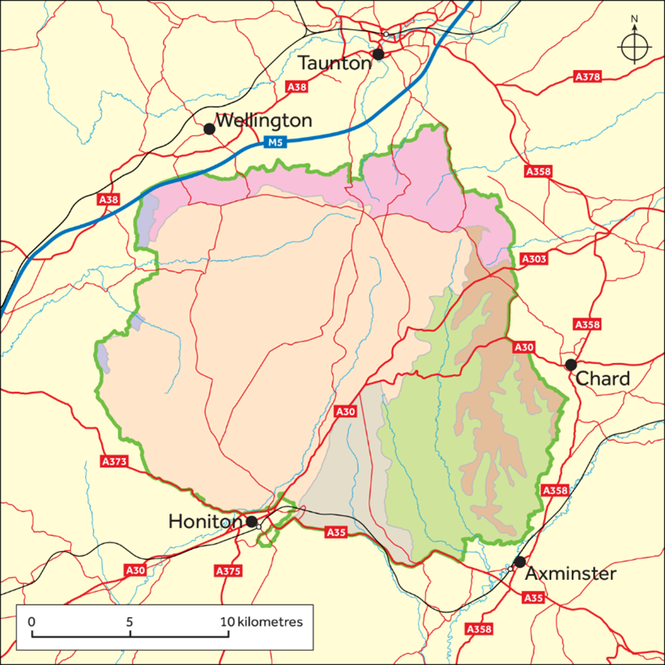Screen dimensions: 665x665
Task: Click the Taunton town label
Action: pyautogui.click(x=335, y=63)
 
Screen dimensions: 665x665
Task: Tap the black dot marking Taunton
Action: pyautogui.click(x=379, y=54)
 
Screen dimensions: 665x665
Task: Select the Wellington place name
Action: pyautogui.click(x=263, y=122)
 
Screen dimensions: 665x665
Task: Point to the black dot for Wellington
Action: pyautogui.click(x=209, y=129)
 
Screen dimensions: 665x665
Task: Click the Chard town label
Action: pyautogui.click(x=602, y=379)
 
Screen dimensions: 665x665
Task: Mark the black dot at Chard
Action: pyautogui.click(x=570, y=365)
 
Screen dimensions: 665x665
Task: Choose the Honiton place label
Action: pyautogui.click(x=205, y=522)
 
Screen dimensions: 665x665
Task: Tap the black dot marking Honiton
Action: pyautogui.click(x=251, y=522)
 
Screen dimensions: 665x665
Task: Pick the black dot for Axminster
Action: pyautogui.click(x=519, y=562)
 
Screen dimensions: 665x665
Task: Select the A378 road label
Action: pyautogui.click(x=587, y=77)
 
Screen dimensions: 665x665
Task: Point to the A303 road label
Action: pyautogui.click(x=535, y=260)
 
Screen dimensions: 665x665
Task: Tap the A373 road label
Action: pyautogui.click(x=114, y=461)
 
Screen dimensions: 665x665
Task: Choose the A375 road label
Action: pyautogui.click(x=228, y=571)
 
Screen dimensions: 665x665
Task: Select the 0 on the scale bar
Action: pyautogui.click(x=31, y=621)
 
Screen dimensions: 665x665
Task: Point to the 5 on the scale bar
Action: pyautogui.click(x=129, y=621)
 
